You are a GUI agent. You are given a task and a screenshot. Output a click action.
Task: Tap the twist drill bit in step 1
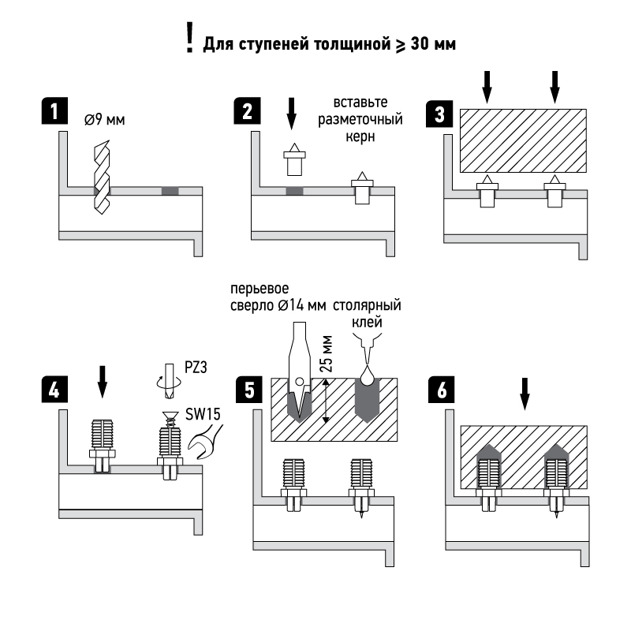click(102, 177)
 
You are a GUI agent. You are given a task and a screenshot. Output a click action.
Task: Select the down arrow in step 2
click(292, 113)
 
